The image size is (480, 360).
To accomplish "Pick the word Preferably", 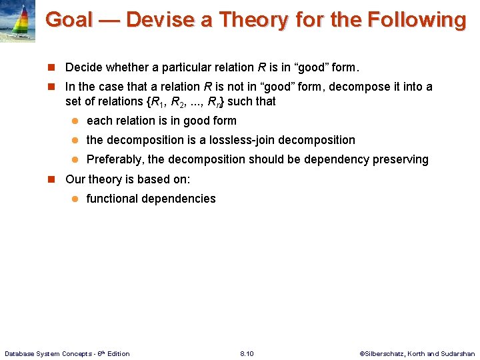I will click(115, 159).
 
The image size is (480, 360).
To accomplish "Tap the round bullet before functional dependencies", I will click(76, 199).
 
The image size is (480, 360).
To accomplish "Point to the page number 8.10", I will click(246, 353).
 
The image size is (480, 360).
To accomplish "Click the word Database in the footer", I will click(22, 353).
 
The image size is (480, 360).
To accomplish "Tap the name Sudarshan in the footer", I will click(458, 353).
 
